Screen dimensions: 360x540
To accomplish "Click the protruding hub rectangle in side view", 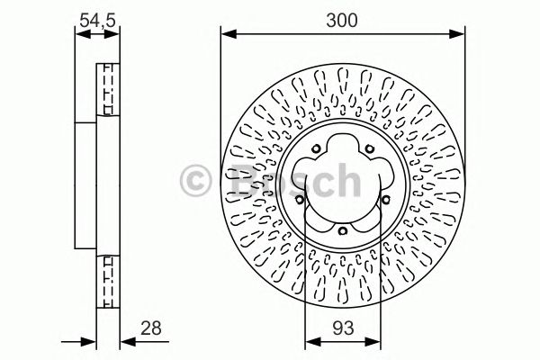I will point(85,184).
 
